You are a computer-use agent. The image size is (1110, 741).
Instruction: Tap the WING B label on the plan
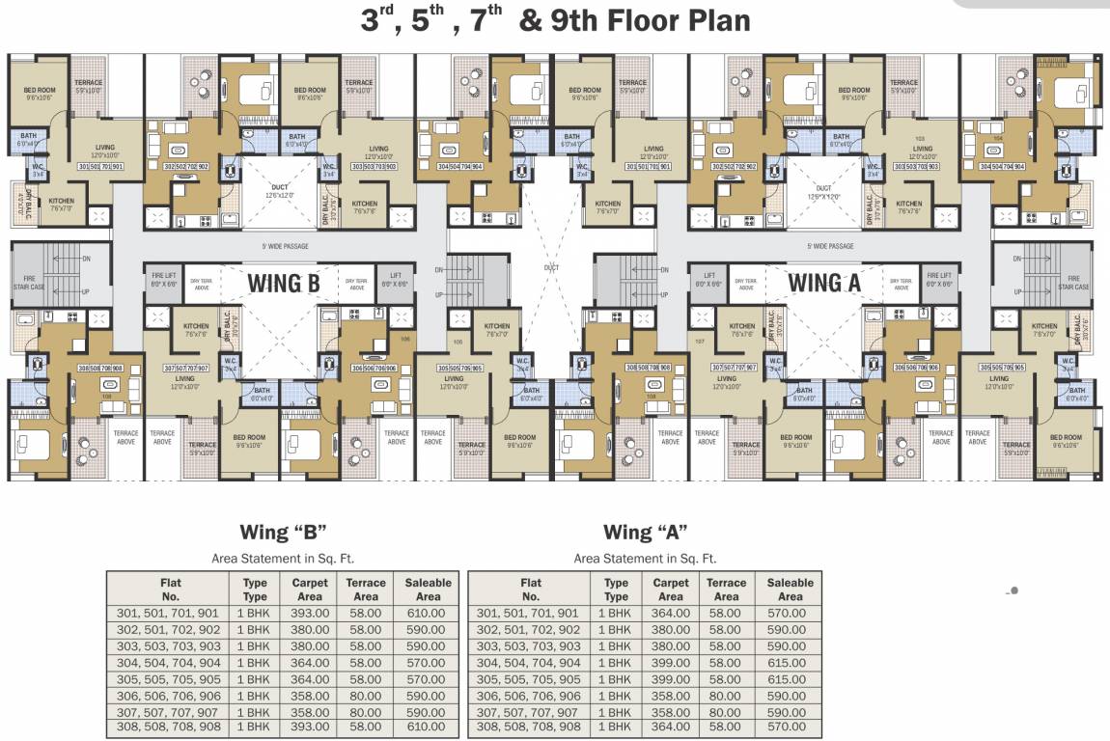(285, 283)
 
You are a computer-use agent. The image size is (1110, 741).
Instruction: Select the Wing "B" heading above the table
(283, 533)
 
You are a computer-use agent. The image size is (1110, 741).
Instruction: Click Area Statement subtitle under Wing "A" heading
(645, 558)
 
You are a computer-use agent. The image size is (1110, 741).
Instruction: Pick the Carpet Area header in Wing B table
(310, 590)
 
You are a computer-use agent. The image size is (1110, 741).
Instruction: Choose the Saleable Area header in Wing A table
(790, 590)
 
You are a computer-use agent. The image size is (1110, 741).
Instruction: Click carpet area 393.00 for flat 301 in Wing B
(310, 613)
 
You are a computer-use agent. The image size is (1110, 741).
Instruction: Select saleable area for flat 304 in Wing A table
(790, 663)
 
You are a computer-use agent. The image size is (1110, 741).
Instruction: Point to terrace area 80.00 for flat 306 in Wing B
(366, 696)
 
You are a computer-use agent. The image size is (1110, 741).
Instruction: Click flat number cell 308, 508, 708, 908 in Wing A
(530, 727)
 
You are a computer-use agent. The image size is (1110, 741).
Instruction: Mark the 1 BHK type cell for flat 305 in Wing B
(254, 679)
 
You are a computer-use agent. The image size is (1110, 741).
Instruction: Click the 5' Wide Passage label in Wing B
(285, 246)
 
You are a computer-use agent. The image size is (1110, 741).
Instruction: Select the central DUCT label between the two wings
(551, 267)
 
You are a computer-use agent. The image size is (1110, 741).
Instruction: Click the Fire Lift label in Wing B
(163, 280)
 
